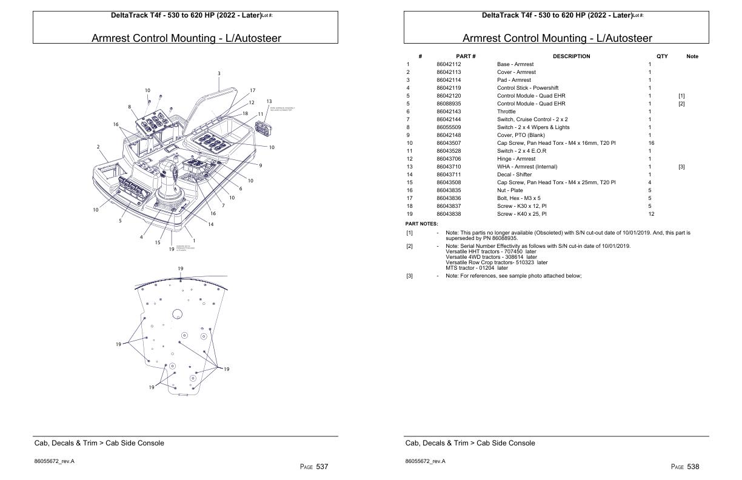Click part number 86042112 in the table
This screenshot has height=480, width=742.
tap(449, 64)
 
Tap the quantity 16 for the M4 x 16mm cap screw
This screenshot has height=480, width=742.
tap(650, 143)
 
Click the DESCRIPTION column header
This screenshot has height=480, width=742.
tap(570, 56)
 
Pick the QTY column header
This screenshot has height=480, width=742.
tap(661, 56)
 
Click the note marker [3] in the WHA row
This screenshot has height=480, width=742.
tap(681, 167)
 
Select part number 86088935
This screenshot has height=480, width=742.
tap(449, 104)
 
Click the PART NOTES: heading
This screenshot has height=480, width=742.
tap(421, 224)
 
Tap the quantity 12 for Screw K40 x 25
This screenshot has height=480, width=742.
tap(650, 214)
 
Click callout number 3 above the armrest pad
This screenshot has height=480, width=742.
tap(219, 73)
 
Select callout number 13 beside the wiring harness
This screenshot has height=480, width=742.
tap(269, 101)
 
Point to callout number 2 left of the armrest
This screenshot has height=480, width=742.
tap(98, 147)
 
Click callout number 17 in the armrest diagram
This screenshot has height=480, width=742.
tap(253, 91)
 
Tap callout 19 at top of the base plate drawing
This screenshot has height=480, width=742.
tap(181, 268)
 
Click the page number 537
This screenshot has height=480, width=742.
tap(323, 467)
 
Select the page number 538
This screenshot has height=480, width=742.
tap(694, 467)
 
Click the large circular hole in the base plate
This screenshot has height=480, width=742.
tap(177, 313)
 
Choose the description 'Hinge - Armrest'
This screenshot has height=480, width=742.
tap(516, 159)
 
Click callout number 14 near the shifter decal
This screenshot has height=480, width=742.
tap(210, 225)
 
